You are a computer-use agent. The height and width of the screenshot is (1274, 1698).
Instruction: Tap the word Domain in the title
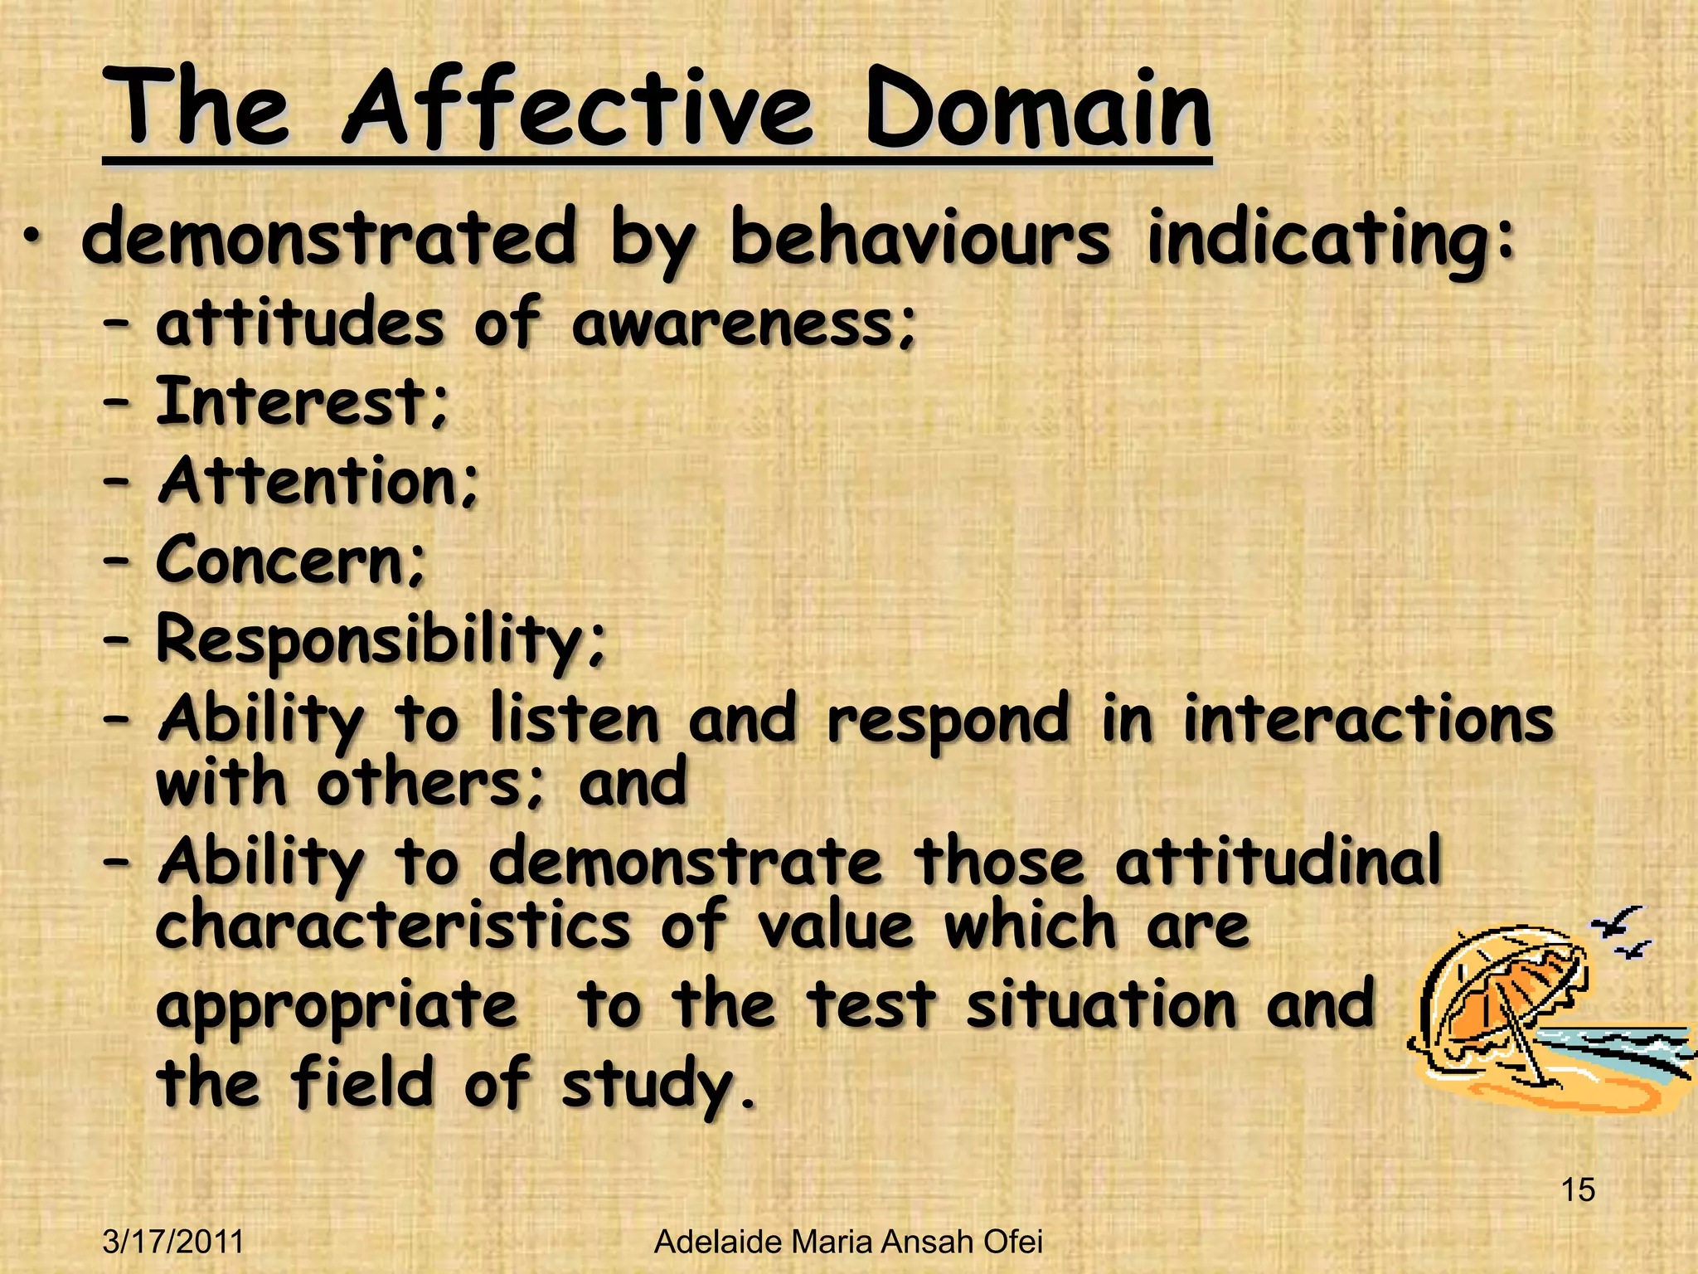point(1037,110)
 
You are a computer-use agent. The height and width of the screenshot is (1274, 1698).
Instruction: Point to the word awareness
point(744,323)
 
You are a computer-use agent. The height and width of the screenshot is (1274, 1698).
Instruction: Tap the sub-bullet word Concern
point(290,560)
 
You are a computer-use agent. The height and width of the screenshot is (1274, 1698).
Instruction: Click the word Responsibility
point(380,641)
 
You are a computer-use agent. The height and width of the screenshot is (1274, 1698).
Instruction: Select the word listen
point(574,718)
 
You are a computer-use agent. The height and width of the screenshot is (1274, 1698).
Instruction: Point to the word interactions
point(1368,718)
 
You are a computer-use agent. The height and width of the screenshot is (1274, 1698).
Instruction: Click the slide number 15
point(1578,1189)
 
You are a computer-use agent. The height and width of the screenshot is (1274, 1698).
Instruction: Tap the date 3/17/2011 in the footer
point(173,1242)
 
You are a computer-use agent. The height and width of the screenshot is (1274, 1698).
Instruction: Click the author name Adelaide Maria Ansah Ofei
point(847,1242)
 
